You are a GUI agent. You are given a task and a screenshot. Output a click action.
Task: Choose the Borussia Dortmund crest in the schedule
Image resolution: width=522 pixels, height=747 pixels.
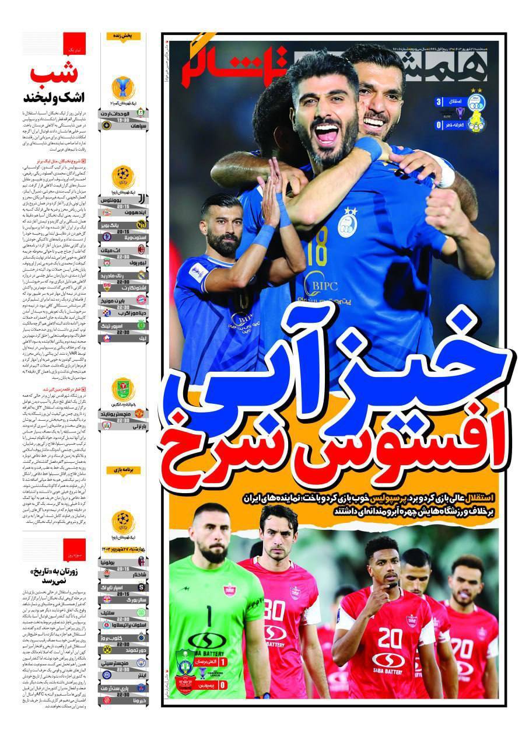[x=107, y=649]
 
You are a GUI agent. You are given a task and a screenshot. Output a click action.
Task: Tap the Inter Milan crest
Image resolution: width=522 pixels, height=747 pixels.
[x=107, y=674]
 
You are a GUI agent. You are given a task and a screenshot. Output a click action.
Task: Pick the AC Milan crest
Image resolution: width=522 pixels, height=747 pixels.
[x=141, y=249]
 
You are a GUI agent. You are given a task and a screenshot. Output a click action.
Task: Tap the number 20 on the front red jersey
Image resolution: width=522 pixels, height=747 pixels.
[x=389, y=638]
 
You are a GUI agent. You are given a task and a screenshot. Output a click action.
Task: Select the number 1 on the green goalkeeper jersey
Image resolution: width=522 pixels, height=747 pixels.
[x=208, y=616]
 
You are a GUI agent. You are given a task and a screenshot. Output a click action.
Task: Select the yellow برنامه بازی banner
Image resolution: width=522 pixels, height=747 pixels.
[x=123, y=469]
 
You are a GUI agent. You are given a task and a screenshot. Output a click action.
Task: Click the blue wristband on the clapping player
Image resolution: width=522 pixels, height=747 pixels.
[x=264, y=236]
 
